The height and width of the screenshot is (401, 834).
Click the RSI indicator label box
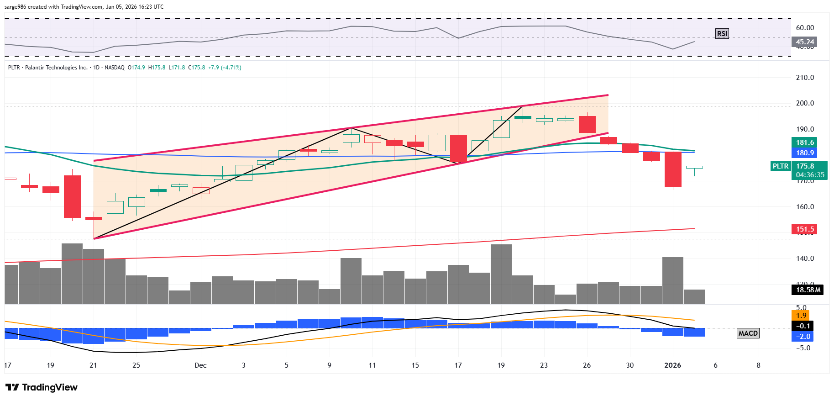click(722, 33)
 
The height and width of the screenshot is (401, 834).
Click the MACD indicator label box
click(748, 333)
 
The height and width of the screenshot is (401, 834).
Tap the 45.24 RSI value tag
click(804, 42)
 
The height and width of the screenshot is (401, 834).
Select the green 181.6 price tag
click(804, 142)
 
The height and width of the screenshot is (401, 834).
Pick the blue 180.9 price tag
click(804, 153)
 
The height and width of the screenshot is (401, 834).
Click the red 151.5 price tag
click(804, 229)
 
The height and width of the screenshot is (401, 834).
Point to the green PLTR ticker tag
click(780, 166)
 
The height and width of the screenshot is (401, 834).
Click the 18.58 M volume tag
click(808, 290)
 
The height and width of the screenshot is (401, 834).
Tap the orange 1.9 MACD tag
click(801, 316)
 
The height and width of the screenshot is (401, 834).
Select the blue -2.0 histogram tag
click(803, 337)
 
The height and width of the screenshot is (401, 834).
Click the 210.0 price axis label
click(805, 78)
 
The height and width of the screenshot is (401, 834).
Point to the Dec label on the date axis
click(200, 365)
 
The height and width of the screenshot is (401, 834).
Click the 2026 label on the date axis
click(672, 365)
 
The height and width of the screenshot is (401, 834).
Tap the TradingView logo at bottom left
click(42, 387)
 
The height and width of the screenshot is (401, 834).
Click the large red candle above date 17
click(458, 148)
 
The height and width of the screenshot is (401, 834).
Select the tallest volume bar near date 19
click(501, 274)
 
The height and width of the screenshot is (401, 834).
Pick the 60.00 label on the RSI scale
click(805, 28)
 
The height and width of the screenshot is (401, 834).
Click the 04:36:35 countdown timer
click(810, 175)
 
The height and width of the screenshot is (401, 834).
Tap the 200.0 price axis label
click(805, 103)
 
